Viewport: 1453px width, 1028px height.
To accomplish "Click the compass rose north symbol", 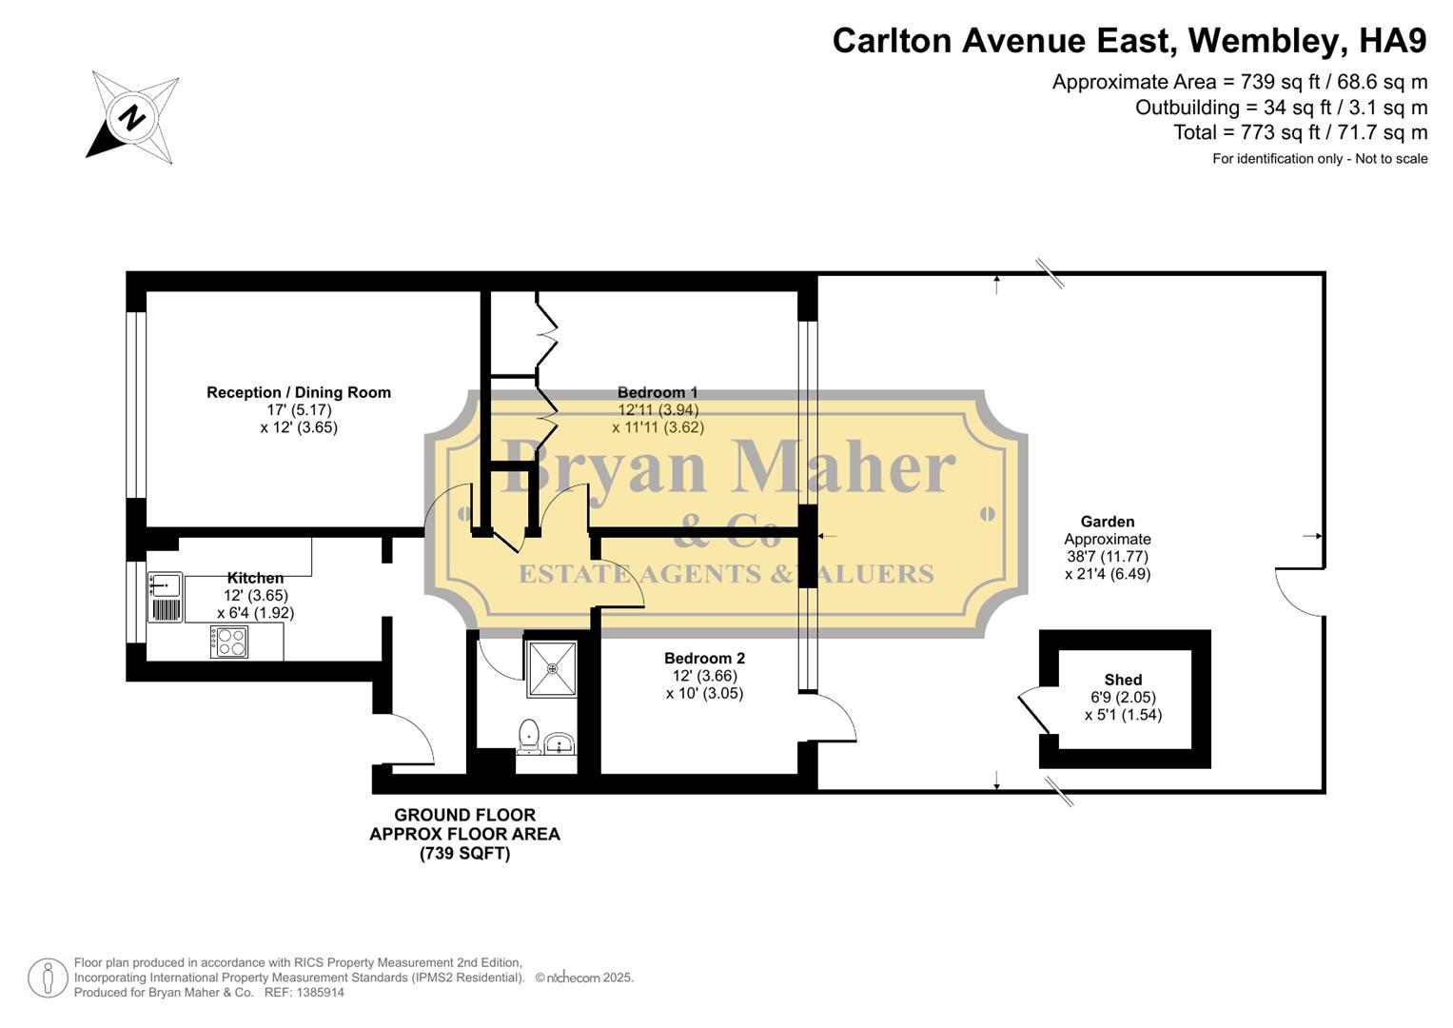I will (132, 117).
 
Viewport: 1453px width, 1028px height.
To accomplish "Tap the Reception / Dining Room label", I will (299, 392).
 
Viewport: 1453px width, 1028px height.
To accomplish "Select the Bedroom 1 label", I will (658, 392).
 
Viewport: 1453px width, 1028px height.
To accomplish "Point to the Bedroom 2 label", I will (704, 658).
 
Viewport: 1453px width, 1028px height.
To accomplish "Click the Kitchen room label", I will (255, 578).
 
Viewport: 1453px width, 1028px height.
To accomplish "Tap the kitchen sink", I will (166, 597).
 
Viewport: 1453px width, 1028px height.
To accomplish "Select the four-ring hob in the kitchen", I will (229, 642).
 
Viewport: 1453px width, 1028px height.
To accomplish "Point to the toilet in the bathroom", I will (529, 736).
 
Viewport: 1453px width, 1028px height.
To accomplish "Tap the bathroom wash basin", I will (560, 742).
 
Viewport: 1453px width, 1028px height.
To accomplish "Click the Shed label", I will (1123, 680).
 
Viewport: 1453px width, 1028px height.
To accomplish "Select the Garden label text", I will (1108, 522).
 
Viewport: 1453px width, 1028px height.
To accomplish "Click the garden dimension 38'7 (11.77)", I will (1108, 557).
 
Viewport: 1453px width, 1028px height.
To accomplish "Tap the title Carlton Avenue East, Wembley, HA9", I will (1129, 41).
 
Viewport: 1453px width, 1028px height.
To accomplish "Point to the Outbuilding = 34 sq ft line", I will (1281, 108).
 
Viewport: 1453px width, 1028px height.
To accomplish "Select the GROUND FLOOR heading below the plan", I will (464, 815).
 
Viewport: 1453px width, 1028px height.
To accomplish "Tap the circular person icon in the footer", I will (47, 978).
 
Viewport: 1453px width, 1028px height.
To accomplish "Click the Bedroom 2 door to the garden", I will (834, 716).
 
